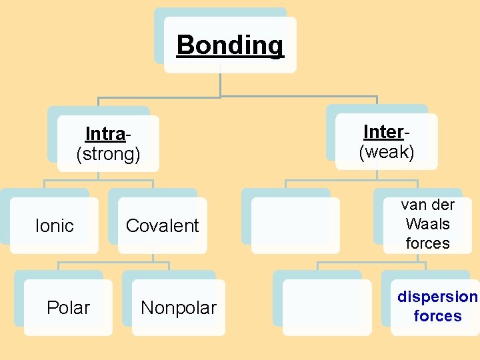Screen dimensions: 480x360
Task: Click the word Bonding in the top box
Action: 230,45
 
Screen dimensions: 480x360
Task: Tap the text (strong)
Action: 109,155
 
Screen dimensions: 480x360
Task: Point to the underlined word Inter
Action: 383,131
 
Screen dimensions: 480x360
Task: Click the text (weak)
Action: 387,152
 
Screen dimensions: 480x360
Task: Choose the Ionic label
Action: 54,226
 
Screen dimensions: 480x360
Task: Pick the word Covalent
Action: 163,226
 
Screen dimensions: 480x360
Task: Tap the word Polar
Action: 68,308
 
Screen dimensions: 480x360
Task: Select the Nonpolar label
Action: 179,308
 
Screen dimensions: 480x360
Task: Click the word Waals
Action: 427,224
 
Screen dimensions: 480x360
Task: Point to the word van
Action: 414,205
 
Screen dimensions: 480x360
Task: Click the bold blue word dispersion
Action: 437,297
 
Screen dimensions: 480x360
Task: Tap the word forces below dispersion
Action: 437,316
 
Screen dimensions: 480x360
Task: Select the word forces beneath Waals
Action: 427,243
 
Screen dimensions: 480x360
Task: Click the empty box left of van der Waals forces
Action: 295,225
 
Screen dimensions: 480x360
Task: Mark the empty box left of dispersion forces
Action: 327,307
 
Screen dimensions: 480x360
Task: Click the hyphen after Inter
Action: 406,132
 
